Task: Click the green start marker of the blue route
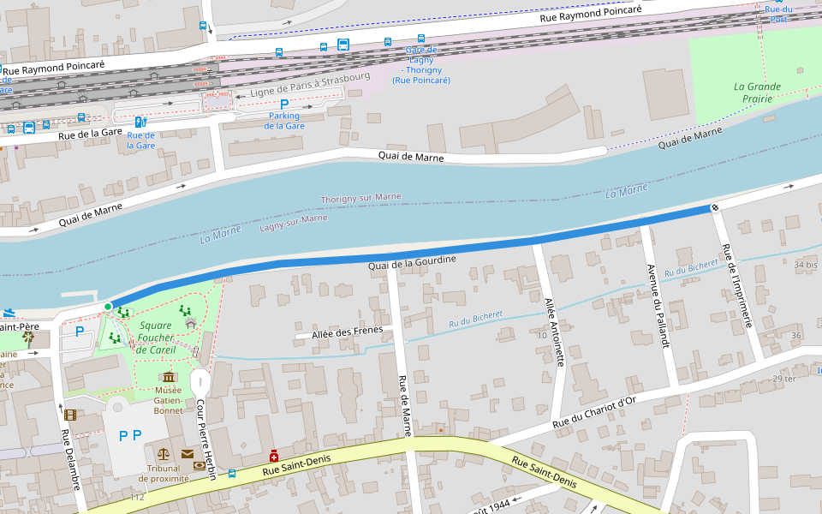[x=108, y=307]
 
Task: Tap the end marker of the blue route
[x=714, y=207]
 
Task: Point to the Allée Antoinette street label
[x=555, y=332]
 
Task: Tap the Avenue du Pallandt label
[x=656, y=304]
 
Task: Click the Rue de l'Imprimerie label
[x=738, y=286]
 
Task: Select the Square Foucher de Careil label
[x=156, y=338]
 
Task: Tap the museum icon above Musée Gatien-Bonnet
[x=168, y=377]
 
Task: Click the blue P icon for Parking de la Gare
[x=284, y=104]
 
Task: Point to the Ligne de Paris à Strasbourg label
[x=310, y=86]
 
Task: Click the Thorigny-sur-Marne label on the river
[x=360, y=199]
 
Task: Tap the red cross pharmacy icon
[x=274, y=457]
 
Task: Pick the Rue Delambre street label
[x=70, y=459]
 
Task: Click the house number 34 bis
[x=806, y=266]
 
